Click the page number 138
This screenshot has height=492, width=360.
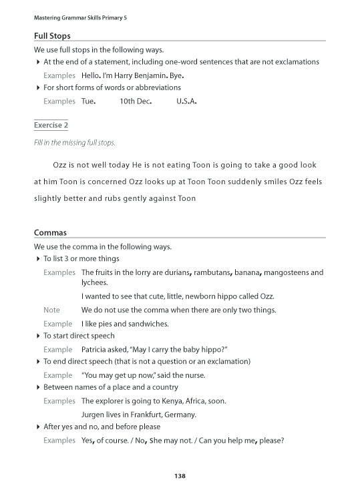point(180,476)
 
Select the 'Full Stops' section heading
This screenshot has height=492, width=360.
point(52,35)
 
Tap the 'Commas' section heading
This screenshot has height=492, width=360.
point(50,232)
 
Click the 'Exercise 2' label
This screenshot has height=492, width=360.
point(51,125)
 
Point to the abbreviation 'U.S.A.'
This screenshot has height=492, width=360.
point(186,101)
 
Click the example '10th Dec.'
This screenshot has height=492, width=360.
point(136,101)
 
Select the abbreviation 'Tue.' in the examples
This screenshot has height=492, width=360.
point(88,101)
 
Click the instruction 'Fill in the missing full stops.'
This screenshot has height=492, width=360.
point(74,143)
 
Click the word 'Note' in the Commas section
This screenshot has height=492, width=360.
point(51,310)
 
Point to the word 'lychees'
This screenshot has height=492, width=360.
point(94,282)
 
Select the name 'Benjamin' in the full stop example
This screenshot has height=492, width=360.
point(152,75)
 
